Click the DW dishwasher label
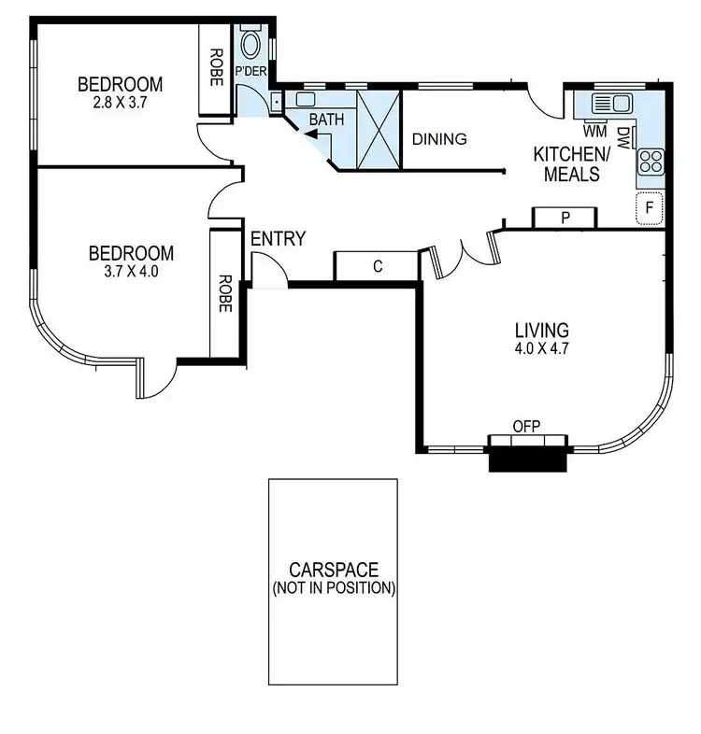pos(622,137)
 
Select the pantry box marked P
pos(565,218)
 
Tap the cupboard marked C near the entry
pos(377,266)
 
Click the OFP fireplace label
pos(526,426)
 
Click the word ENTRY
pos(278,239)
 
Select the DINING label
pos(439,139)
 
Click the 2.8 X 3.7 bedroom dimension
pos(119,105)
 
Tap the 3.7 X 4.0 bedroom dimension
pos(131,272)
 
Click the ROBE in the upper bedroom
pos(215,67)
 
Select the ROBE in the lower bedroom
pos(224,292)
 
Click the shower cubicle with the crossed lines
pos(379,130)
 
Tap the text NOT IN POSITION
pos(334,589)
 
